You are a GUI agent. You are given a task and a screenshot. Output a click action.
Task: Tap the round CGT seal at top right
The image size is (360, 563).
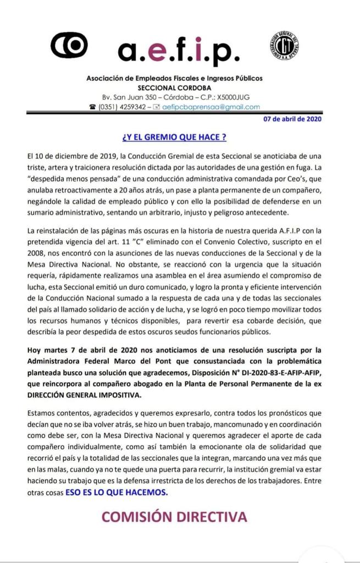[284, 46]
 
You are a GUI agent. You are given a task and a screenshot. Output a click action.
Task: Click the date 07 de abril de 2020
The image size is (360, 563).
[293, 119]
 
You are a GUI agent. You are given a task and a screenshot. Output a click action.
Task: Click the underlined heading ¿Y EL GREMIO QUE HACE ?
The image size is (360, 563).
[174, 136]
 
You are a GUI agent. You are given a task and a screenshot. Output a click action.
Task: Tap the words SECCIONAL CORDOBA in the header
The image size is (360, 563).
[174, 88]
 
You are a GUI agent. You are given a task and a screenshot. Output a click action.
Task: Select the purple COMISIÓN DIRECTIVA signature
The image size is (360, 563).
[174, 516]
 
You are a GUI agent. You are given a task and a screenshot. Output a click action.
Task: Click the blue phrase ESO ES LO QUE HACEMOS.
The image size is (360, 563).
[117, 493]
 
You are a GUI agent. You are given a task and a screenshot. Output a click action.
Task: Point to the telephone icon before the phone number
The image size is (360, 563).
[92, 107]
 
